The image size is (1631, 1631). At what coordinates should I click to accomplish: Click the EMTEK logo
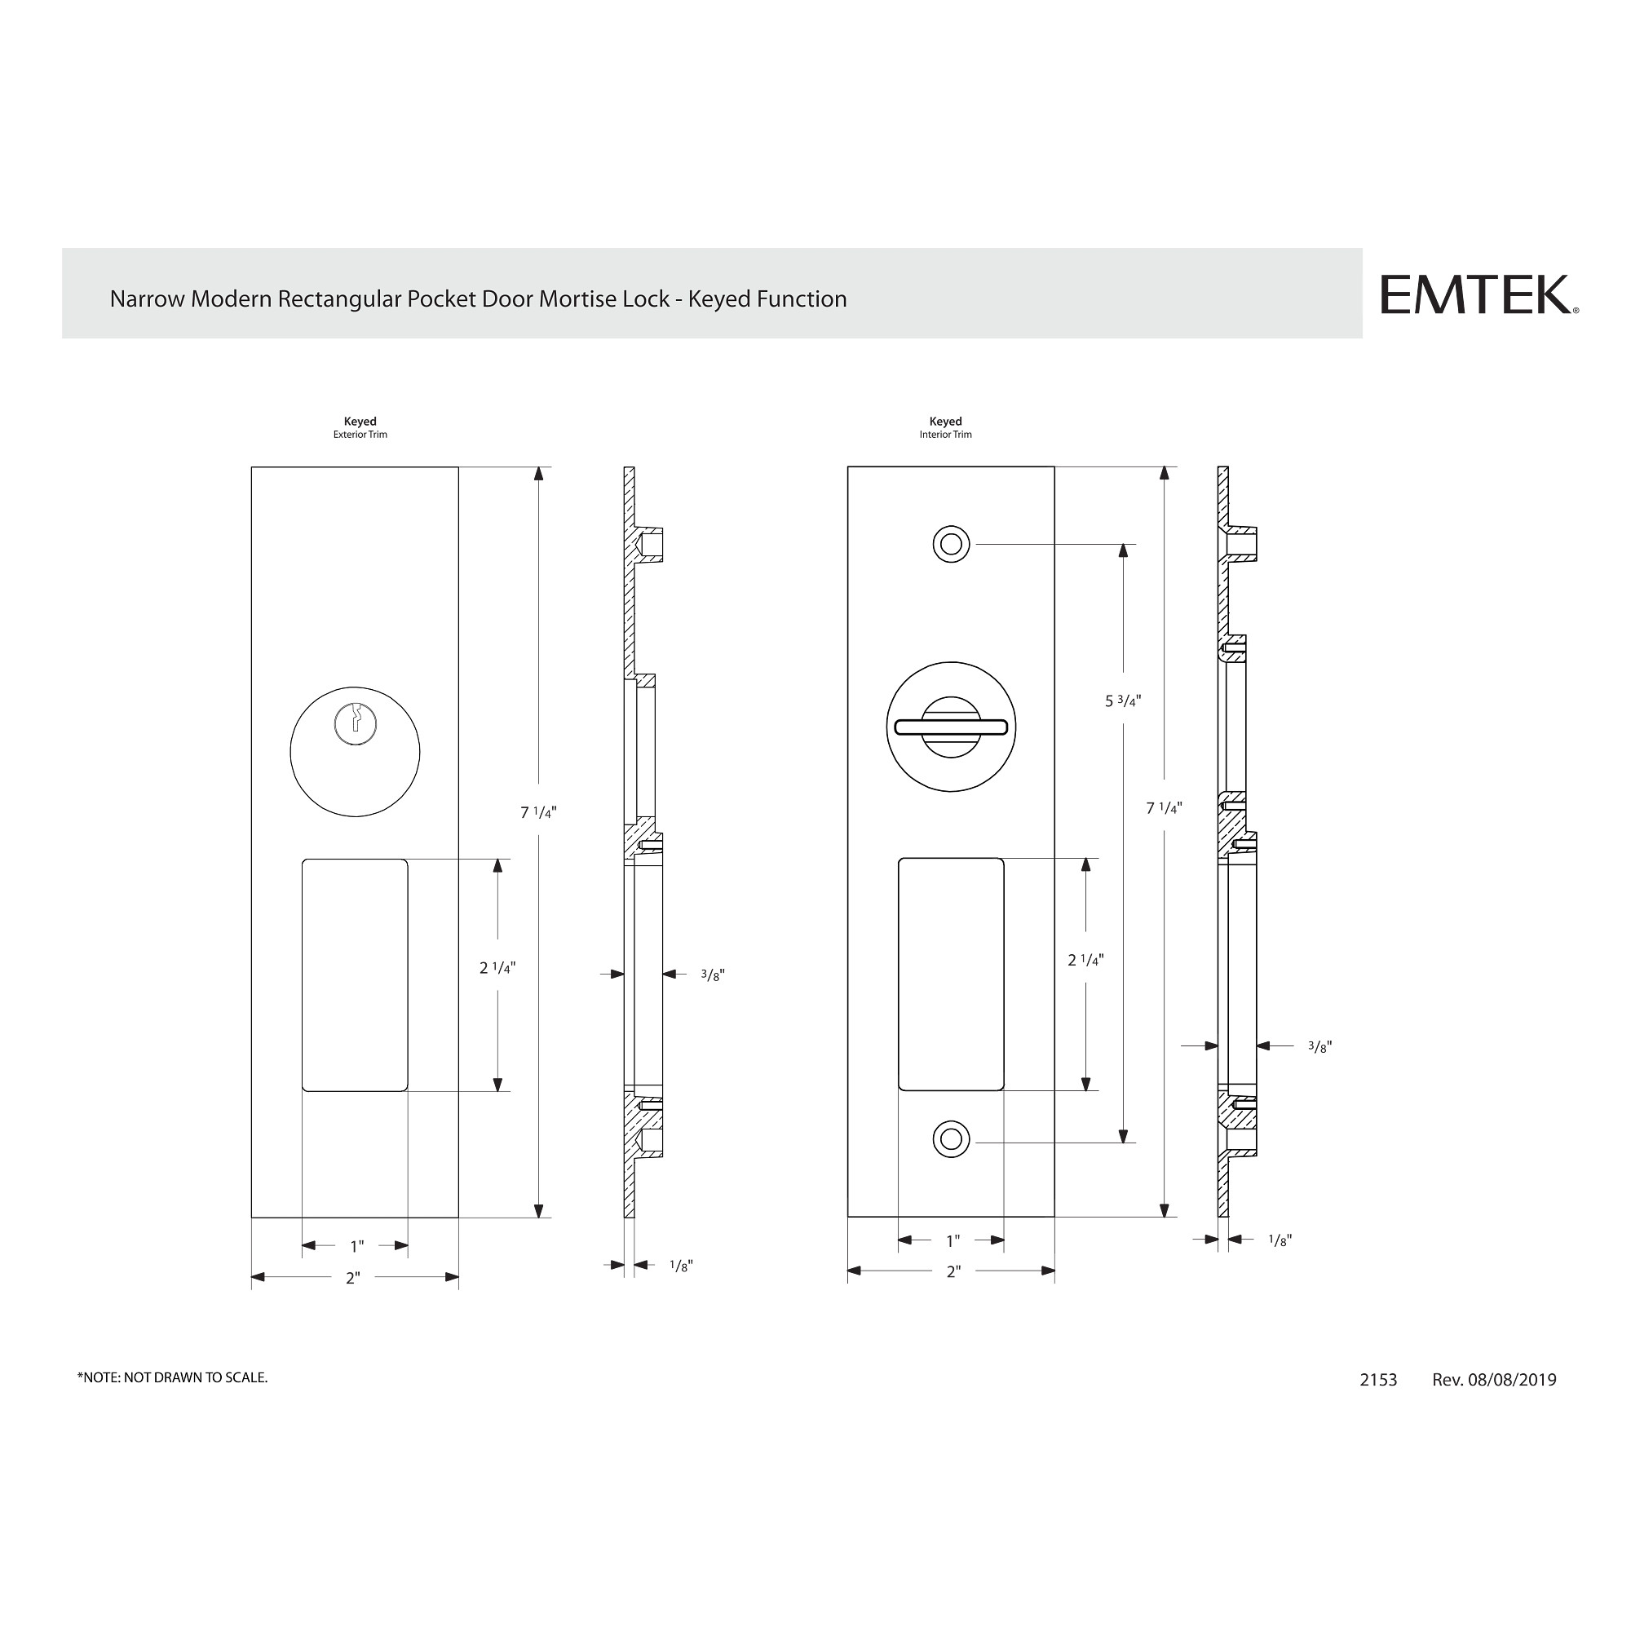(x=1478, y=294)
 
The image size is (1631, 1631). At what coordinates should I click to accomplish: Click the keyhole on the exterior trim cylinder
(x=356, y=724)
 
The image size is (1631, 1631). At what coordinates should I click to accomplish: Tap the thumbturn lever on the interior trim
(x=951, y=727)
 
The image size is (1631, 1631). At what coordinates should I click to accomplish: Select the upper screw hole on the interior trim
(x=951, y=545)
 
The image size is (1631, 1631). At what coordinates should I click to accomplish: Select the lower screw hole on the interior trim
(x=951, y=1140)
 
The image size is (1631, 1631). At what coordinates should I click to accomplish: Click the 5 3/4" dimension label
(x=1123, y=701)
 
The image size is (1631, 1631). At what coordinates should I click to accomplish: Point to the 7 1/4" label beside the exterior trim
(x=537, y=813)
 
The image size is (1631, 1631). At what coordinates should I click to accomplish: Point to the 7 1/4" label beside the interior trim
(x=1164, y=808)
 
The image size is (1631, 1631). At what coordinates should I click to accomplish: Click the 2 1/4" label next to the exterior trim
(x=497, y=967)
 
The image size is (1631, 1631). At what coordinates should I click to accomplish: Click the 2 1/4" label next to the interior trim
(x=1085, y=960)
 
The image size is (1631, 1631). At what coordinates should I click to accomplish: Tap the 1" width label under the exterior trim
(x=357, y=1246)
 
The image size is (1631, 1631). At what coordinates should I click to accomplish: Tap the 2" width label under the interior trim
(x=953, y=1271)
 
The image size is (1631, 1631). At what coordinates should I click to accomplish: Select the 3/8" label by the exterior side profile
(x=713, y=975)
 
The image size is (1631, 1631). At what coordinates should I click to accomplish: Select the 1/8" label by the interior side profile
(x=1280, y=1240)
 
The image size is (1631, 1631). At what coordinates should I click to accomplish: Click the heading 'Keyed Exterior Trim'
(x=360, y=427)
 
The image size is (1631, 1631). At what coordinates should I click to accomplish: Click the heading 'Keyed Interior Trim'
(x=945, y=427)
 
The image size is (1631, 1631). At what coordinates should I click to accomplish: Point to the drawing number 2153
(x=1377, y=1380)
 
